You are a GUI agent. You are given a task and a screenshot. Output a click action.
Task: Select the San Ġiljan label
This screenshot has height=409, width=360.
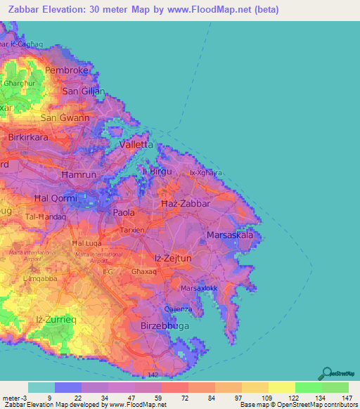(x=84, y=91)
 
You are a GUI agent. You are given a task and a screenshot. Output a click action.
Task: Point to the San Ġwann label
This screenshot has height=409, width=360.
(x=65, y=118)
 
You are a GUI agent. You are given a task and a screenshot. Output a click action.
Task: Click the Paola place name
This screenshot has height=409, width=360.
(x=124, y=212)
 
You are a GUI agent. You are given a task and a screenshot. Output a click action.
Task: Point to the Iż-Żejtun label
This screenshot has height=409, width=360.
(x=173, y=259)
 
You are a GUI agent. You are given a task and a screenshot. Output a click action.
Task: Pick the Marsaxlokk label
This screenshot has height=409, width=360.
(x=201, y=289)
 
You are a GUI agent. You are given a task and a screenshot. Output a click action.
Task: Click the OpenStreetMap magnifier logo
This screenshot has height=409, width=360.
(x=326, y=373)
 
